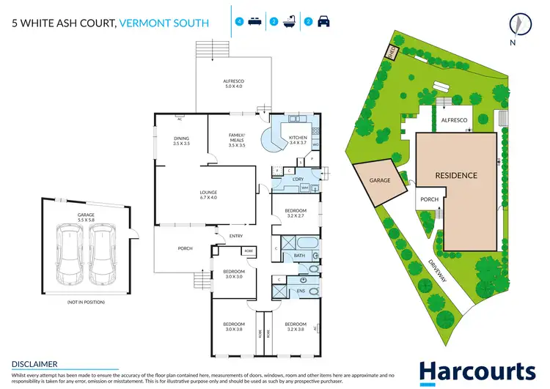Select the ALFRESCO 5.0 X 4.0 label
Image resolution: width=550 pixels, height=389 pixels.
[x=233, y=84]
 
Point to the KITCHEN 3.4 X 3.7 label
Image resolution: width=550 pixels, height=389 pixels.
[x=298, y=140]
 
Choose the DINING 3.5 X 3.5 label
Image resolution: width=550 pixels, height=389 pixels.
[x=181, y=141]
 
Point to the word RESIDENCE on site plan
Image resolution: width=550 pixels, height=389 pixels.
[x=456, y=175]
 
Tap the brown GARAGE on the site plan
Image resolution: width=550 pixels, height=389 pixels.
[x=380, y=180]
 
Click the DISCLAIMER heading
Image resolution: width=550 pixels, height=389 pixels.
[x=35, y=363]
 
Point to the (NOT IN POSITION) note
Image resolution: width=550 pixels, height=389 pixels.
[x=86, y=302]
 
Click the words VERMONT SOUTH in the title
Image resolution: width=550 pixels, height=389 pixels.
[x=165, y=23]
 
